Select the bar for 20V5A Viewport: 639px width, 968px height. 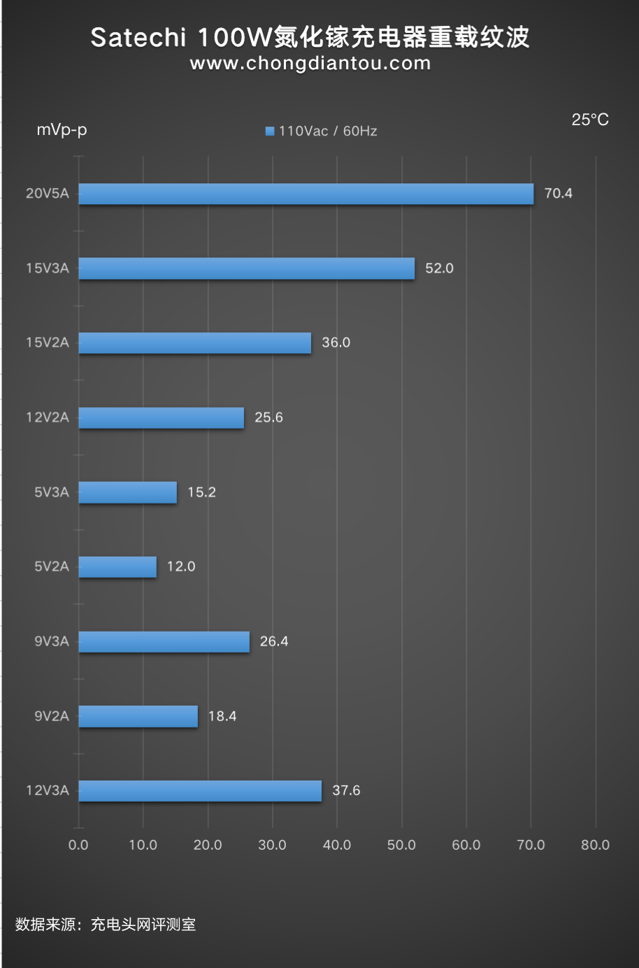tap(306, 194)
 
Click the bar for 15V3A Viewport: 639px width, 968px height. tap(246, 269)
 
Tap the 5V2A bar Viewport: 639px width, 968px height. tap(117, 567)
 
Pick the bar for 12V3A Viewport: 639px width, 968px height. tap(200, 791)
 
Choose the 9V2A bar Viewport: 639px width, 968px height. tap(138, 716)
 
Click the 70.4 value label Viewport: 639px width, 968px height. tap(558, 194)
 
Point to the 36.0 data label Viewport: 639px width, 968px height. tap(336, 343)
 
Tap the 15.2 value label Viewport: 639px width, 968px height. tap(201, 492)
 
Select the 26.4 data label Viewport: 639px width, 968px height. tap(274, 641)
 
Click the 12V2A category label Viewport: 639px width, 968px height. tap(48, 418)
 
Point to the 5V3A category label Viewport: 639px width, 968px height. tap(52, 492)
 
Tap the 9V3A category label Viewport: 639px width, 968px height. tap(52, 641)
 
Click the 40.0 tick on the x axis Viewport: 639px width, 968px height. tap(337, 845)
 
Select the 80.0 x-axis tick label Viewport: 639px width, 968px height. tap(595, 845)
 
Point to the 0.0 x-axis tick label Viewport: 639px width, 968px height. tap(78, 845)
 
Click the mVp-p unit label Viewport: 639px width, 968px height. tap(62, 130)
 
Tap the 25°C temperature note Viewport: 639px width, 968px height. tap(590, 120)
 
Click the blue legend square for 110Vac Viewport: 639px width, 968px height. tap(270, 131)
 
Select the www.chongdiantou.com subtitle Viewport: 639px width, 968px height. tap(310, 64)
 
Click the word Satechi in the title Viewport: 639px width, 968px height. tap(138, 37)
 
